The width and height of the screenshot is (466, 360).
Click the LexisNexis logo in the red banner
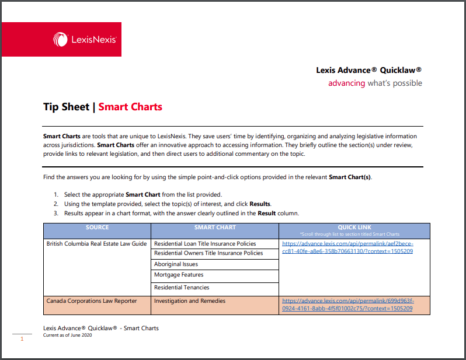coord(85,40)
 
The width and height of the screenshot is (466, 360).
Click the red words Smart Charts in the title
coord(130,107)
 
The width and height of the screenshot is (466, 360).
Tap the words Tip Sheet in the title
coord(66,107)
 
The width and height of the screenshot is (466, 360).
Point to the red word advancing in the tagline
coord(346,83)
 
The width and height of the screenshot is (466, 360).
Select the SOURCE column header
coord(97,228)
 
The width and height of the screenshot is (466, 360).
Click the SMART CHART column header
coord(215,228)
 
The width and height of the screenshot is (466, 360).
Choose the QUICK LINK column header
coord(354,228)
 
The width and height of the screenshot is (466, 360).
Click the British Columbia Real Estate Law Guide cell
coord(97,244)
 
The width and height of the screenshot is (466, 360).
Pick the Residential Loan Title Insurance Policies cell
coord(205,244)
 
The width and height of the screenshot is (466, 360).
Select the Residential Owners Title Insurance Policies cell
coord(208,253)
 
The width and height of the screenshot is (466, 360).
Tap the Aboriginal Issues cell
coord(176,264)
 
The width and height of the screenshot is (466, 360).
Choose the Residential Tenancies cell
coord(182,287)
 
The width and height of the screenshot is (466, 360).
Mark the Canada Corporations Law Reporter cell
coord(92,301)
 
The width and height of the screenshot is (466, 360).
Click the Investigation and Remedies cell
coord(189,301)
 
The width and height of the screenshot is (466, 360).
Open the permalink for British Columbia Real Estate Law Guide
coord(347,247)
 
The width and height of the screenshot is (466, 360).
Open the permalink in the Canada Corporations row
coord(347,305)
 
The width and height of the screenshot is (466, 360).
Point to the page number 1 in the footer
coord(22,338)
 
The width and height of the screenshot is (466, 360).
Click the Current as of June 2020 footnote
coord(68,335)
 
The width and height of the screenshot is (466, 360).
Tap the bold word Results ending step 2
coord(260,204)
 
